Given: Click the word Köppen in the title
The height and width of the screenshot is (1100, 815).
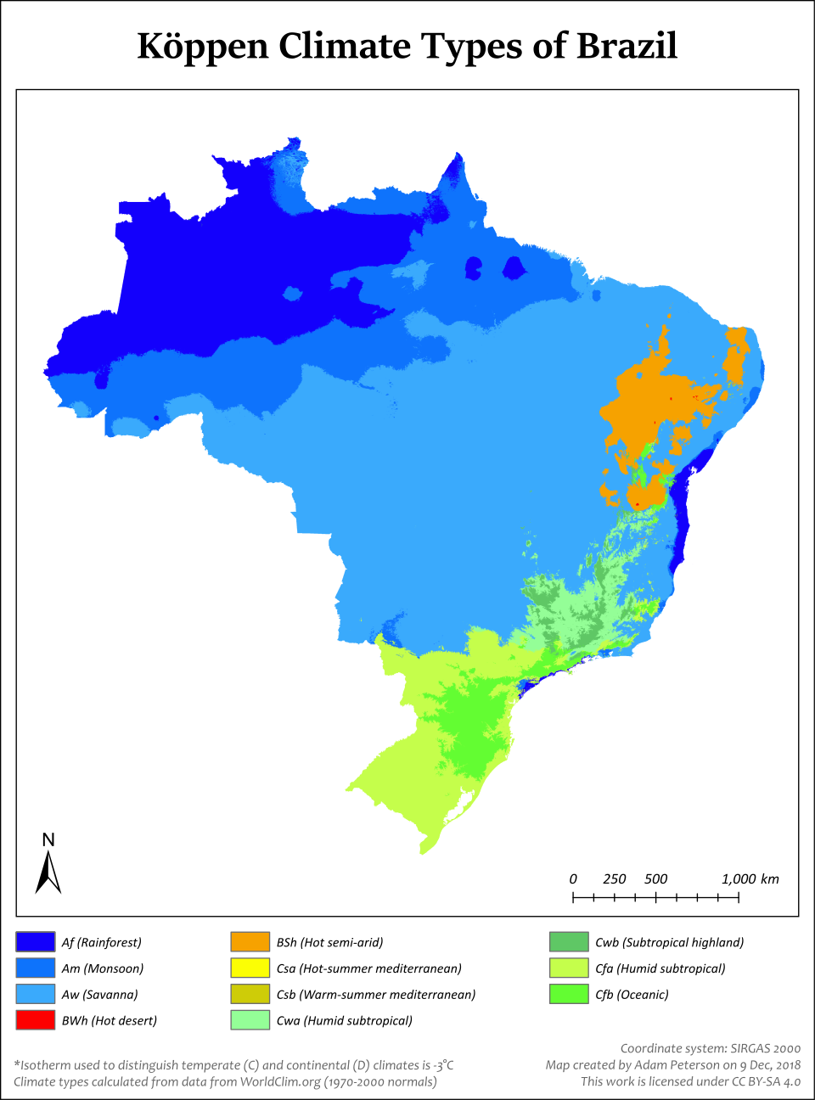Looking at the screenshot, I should (x=202, y=46).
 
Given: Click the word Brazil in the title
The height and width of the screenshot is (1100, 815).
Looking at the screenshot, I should (x=627, y=46).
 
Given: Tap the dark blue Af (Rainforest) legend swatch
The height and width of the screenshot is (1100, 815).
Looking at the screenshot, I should (x=36, y=942).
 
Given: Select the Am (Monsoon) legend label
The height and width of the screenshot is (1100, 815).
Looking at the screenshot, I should (x=103, y=968).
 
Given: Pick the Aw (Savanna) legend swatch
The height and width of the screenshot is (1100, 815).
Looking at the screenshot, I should (x=36, y=994).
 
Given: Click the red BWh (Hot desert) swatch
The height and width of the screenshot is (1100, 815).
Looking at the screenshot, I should (x=36, y=1020).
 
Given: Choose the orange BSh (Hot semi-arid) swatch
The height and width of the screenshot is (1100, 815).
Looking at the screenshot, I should (x=250, y=942).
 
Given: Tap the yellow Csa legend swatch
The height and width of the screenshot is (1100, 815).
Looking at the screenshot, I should (x=250, y=968).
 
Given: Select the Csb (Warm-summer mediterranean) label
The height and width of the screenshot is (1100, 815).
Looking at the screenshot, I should (x=376, y=995).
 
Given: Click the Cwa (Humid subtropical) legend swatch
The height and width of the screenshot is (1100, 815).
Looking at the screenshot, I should (x=250, y=1020).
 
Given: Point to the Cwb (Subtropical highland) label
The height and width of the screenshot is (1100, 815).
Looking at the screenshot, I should (x=669, y=942).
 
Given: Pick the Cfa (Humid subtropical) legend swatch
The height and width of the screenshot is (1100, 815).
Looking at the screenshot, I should (x=569, y=968).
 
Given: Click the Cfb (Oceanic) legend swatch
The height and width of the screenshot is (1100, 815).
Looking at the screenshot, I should (x=569, y=994).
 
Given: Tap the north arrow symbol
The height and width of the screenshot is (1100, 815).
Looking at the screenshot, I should (x=48, y=873).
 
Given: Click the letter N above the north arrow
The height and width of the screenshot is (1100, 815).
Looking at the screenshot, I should (x=48, y=839).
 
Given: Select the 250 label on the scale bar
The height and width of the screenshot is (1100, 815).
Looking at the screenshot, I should (x=614, y=879).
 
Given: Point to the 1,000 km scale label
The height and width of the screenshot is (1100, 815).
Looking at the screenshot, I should (x=750, y=879).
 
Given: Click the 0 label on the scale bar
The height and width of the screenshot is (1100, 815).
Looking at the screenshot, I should (x=573, y=879).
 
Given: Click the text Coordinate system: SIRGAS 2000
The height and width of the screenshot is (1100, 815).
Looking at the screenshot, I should (x=710, y=1048).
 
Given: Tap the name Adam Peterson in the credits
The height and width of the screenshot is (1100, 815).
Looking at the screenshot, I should (x=677, y=1065).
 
